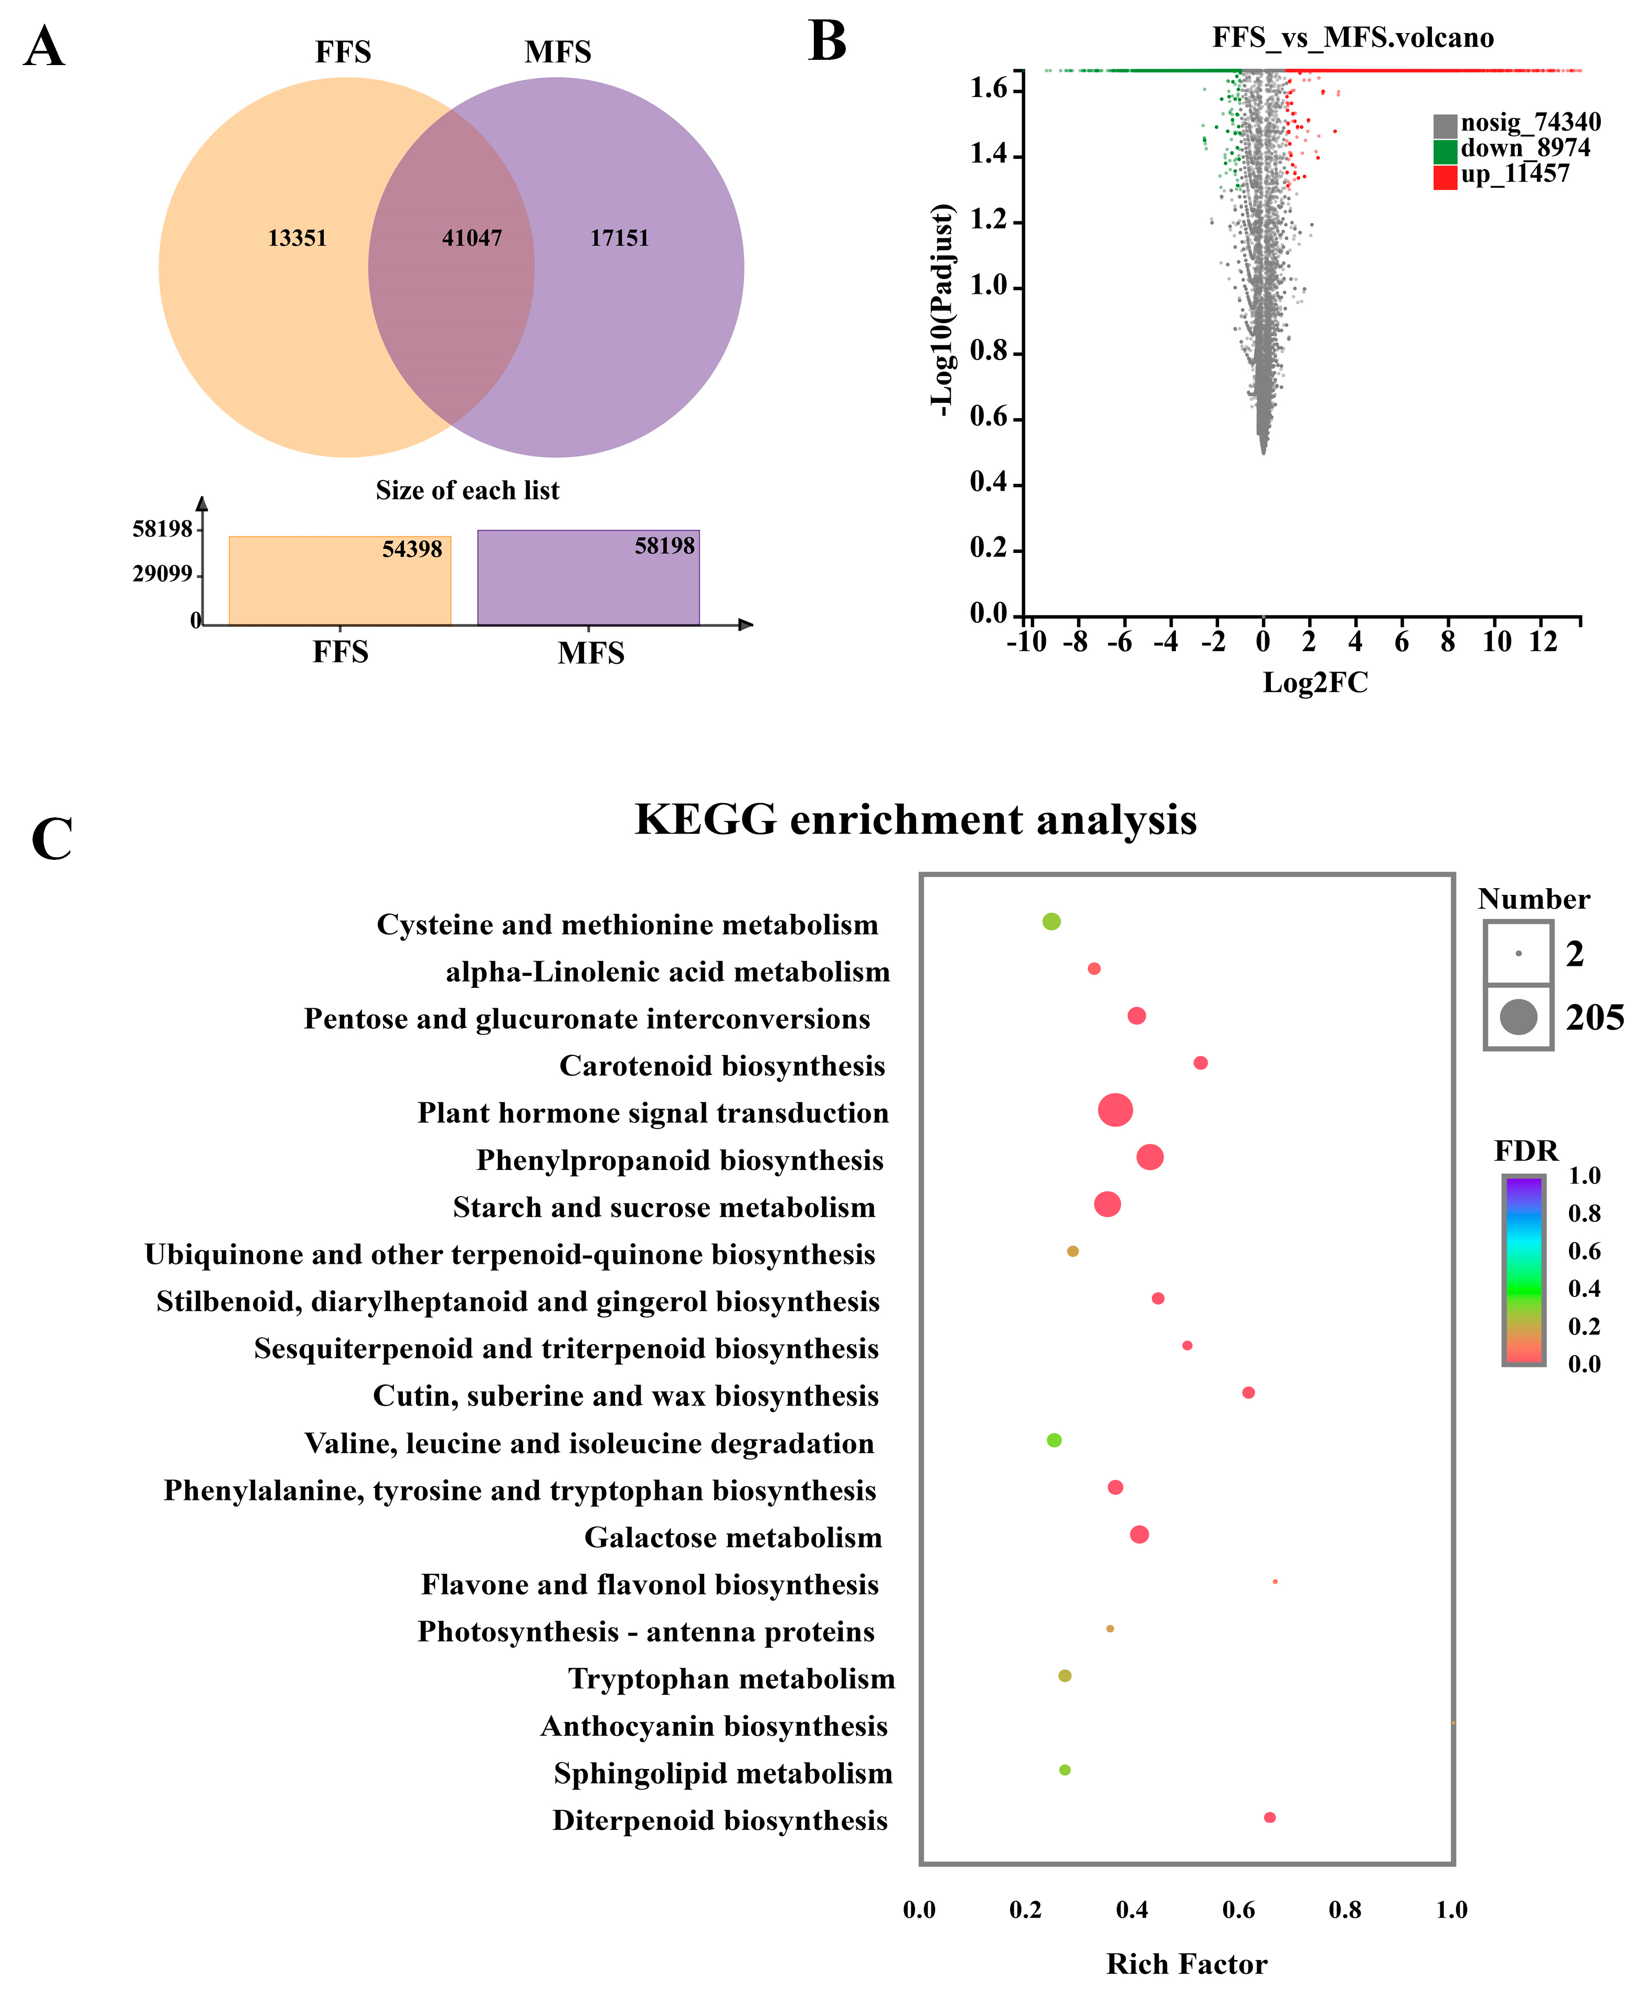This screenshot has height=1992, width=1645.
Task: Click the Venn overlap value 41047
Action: (x=472, y=238)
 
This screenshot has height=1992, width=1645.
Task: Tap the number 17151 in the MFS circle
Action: (x=620, y=238)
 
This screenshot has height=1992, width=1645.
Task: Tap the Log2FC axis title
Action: (x=1315, y=683)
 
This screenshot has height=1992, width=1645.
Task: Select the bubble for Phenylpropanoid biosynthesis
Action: (x=1150, y=1157)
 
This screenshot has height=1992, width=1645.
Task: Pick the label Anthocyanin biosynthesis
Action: (x=714, y=1727)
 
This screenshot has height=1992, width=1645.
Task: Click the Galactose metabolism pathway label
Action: (x=733, y=1537)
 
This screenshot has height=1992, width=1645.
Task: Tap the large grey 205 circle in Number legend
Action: (x=1518, y=1018)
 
